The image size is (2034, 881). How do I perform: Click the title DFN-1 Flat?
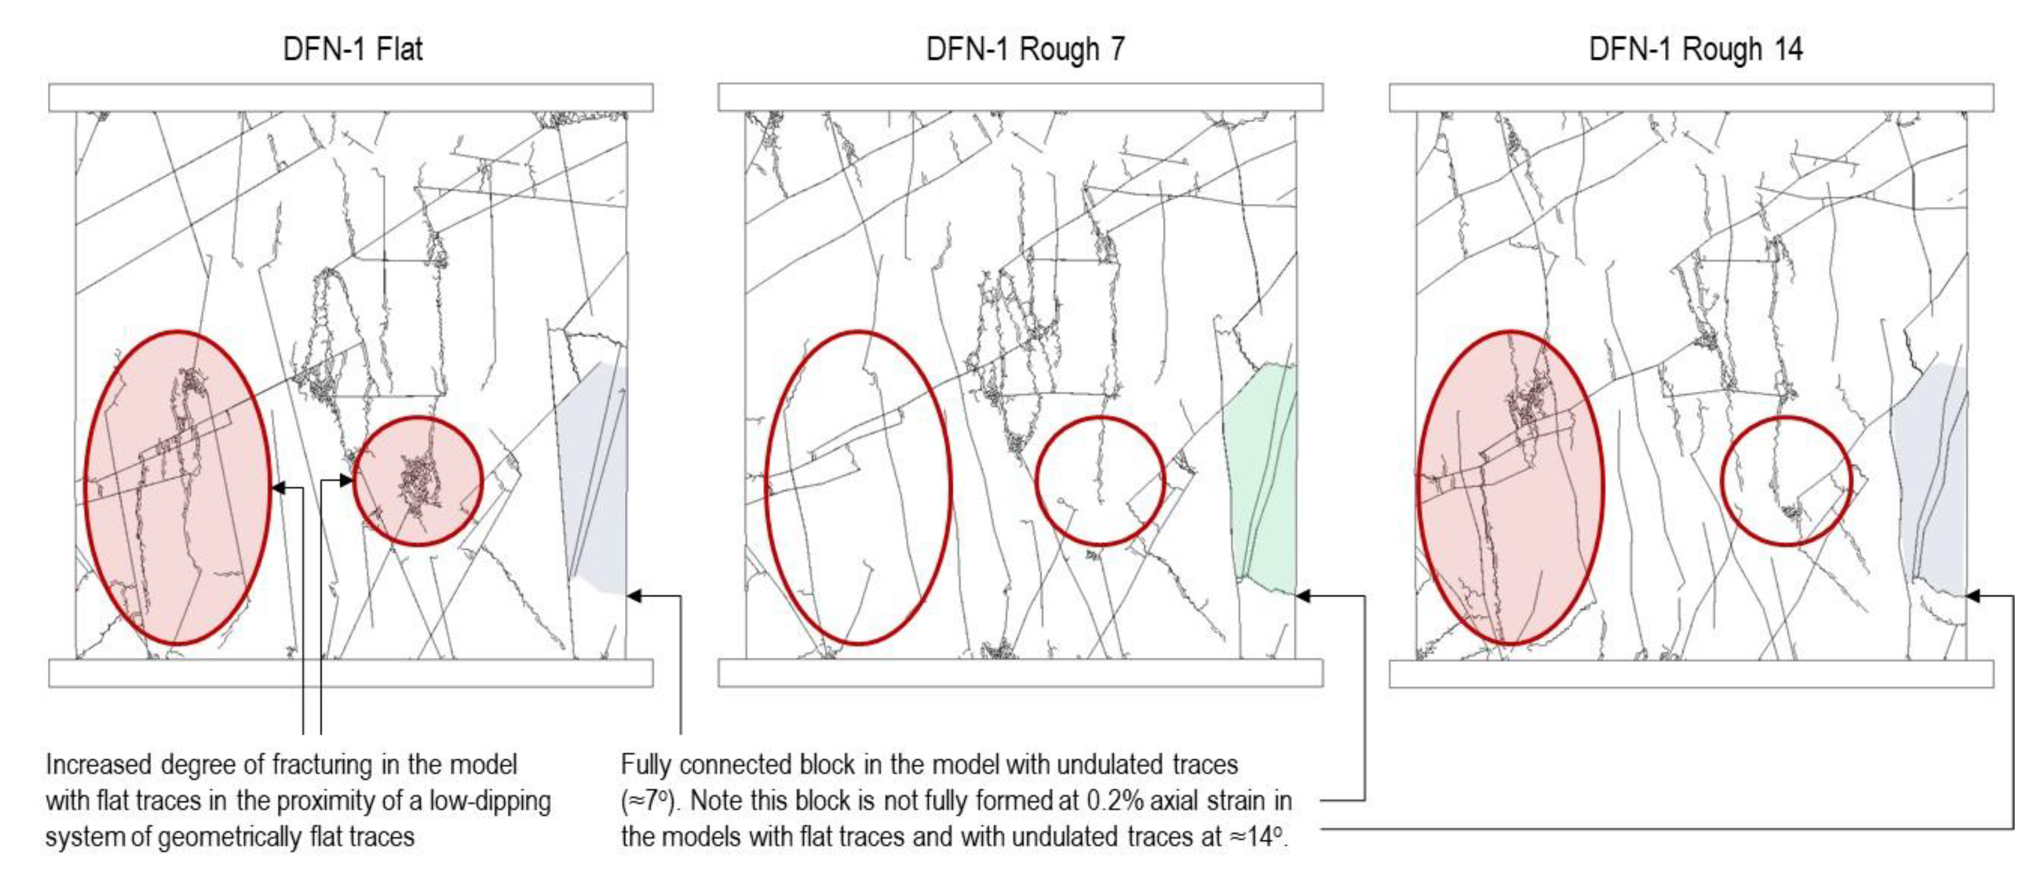pyautogui.click(x=353, y=49)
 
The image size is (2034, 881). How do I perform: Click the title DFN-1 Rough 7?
pyautogui.click(x=1025, y=49)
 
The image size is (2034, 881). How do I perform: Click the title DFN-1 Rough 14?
pyautogui.click(x=1696, y=49)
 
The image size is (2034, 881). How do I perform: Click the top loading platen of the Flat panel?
pyautogui.click(x=351, y=98)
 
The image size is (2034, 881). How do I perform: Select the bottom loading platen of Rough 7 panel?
pyautogui.click(x=1020, y=674)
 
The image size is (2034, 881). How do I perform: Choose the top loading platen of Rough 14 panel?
pyautogui.click(x=1691, y=98)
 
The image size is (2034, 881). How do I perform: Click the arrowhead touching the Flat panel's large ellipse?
pyautogui.click(x=278, y=488)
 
